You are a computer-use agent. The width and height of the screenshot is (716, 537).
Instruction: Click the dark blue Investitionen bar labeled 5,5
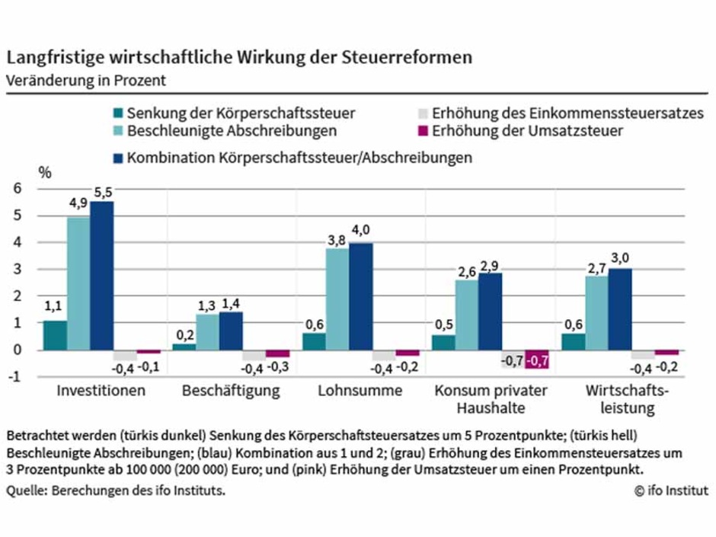(x=101, y=276)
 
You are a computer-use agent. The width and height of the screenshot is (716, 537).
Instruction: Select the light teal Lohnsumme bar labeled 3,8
(x=337, y=299)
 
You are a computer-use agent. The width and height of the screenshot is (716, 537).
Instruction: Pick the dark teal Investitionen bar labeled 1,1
(x=55, y=335)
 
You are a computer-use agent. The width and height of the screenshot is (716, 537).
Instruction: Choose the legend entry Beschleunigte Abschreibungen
(x=232, y=131)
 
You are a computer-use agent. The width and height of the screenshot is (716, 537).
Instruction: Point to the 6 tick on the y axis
(x=18, y=189)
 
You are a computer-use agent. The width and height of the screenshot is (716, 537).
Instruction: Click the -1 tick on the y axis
(x=17, y=377)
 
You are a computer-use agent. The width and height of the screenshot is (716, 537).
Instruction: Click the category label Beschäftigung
(x=231, y=392)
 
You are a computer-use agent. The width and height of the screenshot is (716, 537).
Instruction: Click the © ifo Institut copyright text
(x=670, y=491)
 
